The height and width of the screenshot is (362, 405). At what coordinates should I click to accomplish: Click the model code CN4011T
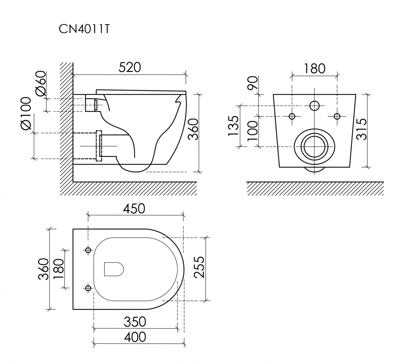pyautogui.click(x=84, y=29)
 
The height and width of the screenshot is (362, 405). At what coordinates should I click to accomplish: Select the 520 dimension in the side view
pyautogui.click(x=130, y=67)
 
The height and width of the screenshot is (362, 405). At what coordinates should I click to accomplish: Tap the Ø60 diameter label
pyautogui.click(x=41, y=84)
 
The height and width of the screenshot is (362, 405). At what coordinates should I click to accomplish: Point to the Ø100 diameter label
pyautogui.click(x=26, y=113)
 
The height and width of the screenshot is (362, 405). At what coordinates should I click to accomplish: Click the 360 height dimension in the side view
pyautogui.click(x=193, y=129)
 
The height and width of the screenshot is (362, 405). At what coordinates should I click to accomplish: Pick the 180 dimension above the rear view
pyautogui.click(x=315, y=68)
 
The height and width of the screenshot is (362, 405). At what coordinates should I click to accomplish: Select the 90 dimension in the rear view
pyautogui.click(x=253, y=83)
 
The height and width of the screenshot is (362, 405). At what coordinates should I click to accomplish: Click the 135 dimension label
pyautogui.click(x=234, y=126)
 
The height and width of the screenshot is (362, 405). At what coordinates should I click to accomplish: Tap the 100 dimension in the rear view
pyautogui.click(x=253, y=131)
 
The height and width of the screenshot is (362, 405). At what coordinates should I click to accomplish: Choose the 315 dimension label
pyautogui.click(x=362, y=129)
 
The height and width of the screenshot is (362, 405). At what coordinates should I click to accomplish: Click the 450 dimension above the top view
pyautogui.click(x=134, y=209)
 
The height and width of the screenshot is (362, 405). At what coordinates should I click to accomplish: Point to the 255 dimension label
pyautogui.click(x=199, y=267)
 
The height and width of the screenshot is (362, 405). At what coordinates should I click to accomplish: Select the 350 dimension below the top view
pyautogui.click(x=135, y=322)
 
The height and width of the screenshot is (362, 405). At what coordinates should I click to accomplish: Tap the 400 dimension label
pyautogui.click(x=135, y=337)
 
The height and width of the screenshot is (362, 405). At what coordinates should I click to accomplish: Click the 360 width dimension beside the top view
pyautogui.click(x=44, y=269)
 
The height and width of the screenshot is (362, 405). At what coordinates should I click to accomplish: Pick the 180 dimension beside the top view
pyautogui.click(x=58, y=269)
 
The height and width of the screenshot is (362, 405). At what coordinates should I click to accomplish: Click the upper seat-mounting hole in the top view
pyautogui.click(x=88, y=250)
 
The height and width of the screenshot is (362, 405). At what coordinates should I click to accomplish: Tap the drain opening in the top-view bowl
pyautogui.click(x=114, y=269)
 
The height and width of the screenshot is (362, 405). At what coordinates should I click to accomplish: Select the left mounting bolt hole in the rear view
pyautogui.click(x=292, y=116)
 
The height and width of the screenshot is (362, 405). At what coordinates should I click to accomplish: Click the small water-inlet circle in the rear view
pyautogui.click(x=315, y=105)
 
